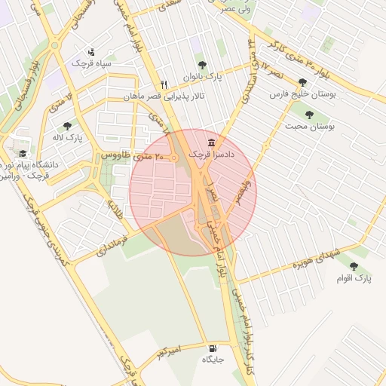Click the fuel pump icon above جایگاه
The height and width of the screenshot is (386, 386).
(213, 348)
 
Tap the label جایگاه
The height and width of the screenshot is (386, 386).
(213, 360)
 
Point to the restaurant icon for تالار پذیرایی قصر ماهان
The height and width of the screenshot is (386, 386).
(164, 84)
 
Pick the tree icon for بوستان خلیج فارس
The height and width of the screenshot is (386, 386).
(302, 82)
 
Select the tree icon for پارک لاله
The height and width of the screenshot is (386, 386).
(67, 126)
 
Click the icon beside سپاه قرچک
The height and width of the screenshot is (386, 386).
(91, 52)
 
